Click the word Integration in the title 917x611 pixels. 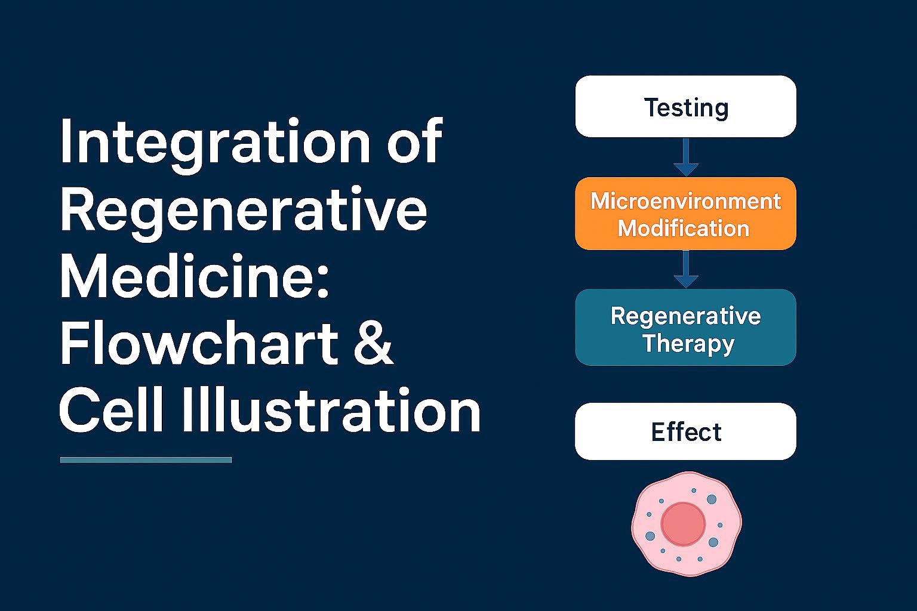coord(216,146)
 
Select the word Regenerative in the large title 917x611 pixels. coord(244,214)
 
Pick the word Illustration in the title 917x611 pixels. coord(331,410)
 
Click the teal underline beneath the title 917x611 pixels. coord(146,460)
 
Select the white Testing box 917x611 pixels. coord(686,106)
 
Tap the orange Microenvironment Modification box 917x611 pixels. coord(686,214)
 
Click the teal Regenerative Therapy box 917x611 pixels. coord(686,328)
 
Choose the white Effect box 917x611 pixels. coord(686,431)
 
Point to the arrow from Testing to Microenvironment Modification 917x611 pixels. coord(686,158)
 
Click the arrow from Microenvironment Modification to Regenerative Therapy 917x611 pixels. coord(686,269)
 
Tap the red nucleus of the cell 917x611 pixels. coord(683,524)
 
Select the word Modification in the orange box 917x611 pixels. coord(684,228)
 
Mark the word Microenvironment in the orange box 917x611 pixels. coord(686,201)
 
